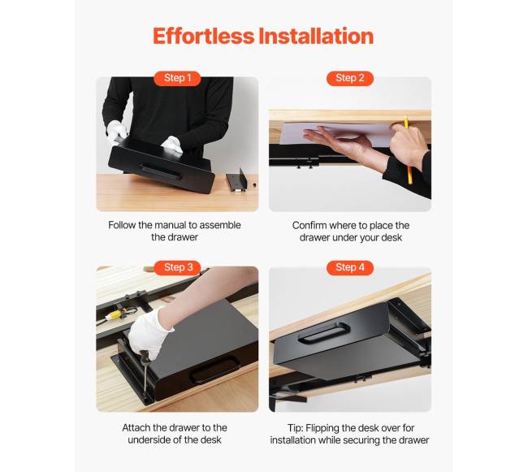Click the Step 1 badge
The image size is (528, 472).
[177, 79]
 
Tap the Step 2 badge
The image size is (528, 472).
[350, 79]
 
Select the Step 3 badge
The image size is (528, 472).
[178, 267]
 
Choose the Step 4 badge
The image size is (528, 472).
[350, 267]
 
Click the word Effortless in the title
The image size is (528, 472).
[203, 36]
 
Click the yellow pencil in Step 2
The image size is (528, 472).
[408, 150]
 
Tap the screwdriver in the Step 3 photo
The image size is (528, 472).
[145, 374]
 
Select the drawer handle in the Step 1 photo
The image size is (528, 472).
[160, 171]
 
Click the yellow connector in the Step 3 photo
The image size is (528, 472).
[115, 314]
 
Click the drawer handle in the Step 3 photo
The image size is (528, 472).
[214, 371]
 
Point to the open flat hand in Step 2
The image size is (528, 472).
[337, 139]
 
